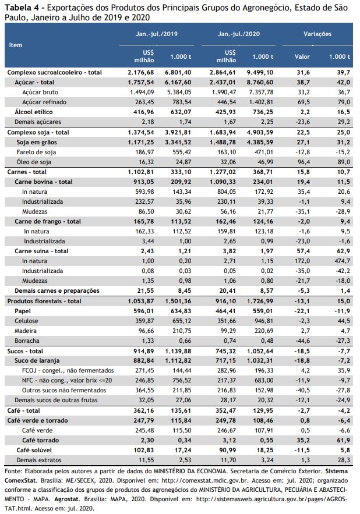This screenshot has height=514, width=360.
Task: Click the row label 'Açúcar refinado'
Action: click(44, 102)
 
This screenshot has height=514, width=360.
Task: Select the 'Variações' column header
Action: click(317, 34)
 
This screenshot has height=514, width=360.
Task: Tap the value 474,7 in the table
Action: click(343, 261)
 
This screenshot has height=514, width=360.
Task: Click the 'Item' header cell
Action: click(15, 45)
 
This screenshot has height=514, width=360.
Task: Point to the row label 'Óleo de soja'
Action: click(34, 162)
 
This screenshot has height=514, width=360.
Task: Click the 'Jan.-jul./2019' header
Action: click(157, 34)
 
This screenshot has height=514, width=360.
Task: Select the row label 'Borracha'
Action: click(27, 341)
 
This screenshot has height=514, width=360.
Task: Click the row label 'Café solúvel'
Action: click(34, 450)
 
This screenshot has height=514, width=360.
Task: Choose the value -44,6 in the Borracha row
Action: click(302, 341)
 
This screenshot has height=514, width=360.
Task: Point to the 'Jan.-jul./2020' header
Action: click(239, 34)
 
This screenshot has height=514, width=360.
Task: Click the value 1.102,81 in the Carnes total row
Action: click(141, 172)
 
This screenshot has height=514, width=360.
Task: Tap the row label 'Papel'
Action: click(23, 311)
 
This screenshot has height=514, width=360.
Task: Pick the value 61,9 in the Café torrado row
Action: click(343, 440)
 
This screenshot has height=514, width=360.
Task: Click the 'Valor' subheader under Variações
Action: click(302, 56)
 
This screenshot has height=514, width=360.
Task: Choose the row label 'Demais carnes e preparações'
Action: click(57, 291)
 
